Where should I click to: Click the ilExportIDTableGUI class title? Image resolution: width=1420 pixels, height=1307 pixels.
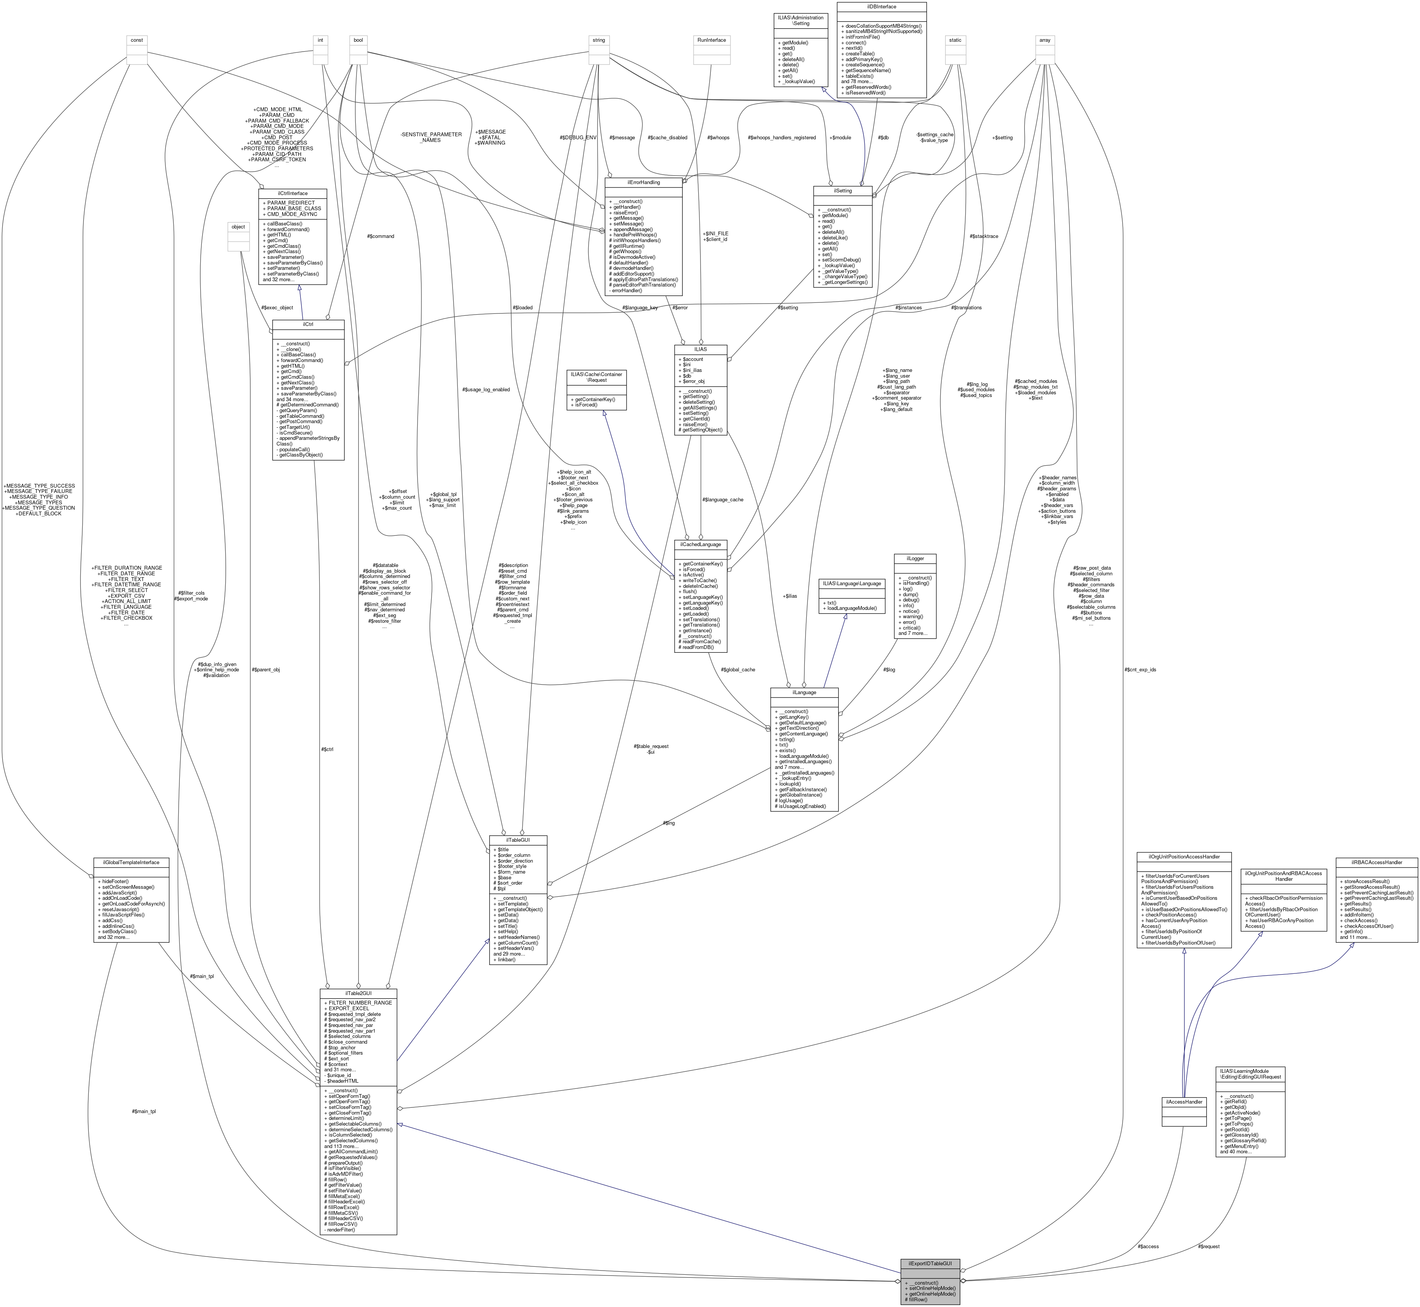click(930, 1263)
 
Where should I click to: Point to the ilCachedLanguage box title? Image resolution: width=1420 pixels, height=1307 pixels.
click(701, 544)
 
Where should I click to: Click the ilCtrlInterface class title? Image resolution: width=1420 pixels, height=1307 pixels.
click(292, 192)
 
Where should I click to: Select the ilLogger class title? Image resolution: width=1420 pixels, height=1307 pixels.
click(915, 558)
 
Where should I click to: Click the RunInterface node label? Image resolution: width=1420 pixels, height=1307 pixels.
click(711, 40)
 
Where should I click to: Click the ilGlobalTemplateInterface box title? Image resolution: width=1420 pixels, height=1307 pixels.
click(131, 862)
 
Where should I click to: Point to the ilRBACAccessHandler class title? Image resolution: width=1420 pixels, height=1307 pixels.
click(1376, 862)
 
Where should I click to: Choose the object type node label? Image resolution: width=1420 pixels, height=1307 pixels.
click(238, 227)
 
